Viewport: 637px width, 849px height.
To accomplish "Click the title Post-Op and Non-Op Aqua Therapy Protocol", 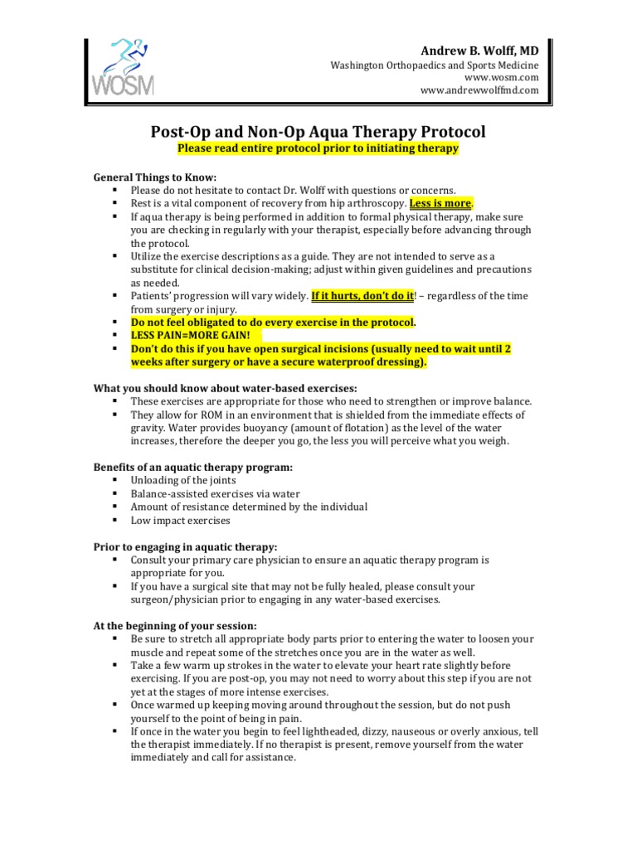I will tap(318, 132).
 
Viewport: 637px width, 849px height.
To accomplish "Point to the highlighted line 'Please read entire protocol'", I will tap(318, 148).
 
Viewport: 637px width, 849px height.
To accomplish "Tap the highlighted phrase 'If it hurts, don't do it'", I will tap(361, 296).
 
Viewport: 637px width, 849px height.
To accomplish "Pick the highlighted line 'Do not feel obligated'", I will tap(273, 323).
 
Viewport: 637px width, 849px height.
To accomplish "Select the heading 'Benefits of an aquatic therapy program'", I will tap(192, 468).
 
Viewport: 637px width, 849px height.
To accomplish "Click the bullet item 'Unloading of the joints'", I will tap(182, 481).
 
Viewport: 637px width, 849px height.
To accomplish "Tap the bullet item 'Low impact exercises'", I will tap(180, 521).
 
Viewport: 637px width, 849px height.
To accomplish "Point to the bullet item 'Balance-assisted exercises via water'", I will tap(215, 494).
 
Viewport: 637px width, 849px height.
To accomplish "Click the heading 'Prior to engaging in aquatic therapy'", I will tap(184, 547).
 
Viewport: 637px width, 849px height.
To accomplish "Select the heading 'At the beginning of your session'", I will tap(175, 626).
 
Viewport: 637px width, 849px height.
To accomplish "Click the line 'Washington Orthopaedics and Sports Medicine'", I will tap(435, 65).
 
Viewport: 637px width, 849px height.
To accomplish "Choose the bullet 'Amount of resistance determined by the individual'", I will tap(249, 507).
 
